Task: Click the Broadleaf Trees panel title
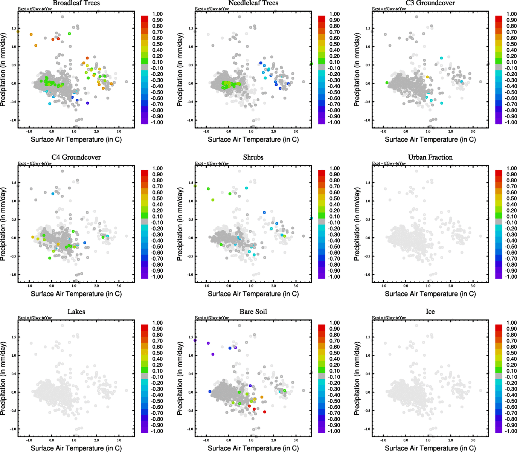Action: click(76, 3)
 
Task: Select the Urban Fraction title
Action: click(430, 157)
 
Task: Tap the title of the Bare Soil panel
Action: click(253, 312)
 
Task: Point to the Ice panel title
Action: click(430, 312)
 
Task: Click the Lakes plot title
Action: click(76, 312)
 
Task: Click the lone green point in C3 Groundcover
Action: click(387, 82)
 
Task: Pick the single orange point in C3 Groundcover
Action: click(427, 77)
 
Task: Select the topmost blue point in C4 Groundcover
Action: click(53, 194)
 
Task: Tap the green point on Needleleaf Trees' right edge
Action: click(311, 64)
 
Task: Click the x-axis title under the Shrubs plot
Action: click(253, 294)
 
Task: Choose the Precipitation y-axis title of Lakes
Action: click(3, 379)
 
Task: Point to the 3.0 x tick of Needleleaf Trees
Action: click(296, 131)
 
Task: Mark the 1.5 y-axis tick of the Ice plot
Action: click(368, 337)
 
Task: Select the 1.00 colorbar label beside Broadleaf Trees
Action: click(157, 14)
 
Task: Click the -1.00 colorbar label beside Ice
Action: click(511, 431)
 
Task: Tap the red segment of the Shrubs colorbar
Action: click(322, 173)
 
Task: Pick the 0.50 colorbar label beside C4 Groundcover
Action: click(157, 199)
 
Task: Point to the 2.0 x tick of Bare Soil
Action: click(274, 440)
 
